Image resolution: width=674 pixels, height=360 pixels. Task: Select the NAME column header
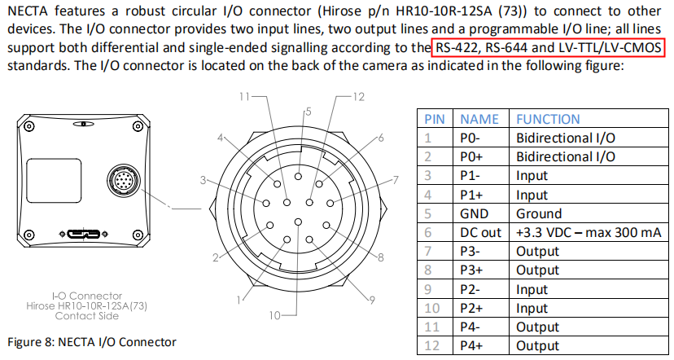(x=479, y=119)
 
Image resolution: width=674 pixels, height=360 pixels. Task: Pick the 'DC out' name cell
(x=480, y=232)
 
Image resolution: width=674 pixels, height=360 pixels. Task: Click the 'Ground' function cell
(x=539, y=213)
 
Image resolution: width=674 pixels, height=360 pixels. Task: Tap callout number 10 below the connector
(x=274, y=314)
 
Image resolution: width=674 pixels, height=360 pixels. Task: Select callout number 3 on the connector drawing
(x=202, y=179)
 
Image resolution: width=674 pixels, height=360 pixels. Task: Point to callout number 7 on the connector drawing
(x=396, y=179)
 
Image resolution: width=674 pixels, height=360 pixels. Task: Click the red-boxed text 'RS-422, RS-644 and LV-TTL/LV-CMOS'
(x=549, y=48)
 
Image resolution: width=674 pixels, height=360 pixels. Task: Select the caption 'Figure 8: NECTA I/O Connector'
(x=91, y=341)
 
